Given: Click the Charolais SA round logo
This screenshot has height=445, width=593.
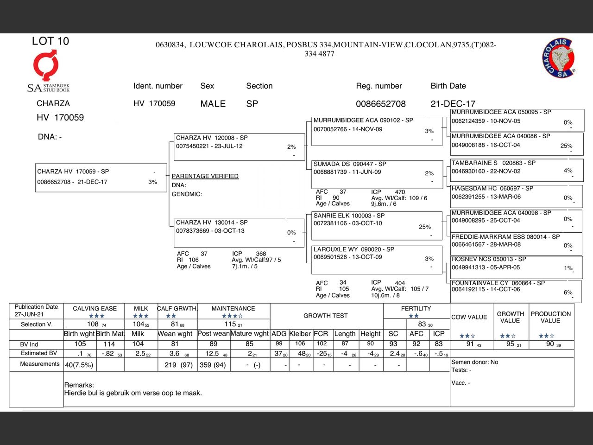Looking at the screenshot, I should point(559,58).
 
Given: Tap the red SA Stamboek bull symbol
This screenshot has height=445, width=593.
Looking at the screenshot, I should point(45,65).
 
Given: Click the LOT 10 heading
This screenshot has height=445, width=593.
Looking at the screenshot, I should point(50,41).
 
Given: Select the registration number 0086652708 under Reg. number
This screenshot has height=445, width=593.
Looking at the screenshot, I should point(380,104).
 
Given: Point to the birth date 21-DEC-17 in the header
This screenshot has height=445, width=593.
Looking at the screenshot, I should point(453,104).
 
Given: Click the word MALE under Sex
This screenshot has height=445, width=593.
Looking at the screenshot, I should point(213,104).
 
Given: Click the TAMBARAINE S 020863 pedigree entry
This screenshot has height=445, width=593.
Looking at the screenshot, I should point(516,170).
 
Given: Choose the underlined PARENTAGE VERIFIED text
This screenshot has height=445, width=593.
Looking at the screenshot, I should point(205,176).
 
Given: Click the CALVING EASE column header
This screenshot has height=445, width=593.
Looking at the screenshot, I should point(95,308).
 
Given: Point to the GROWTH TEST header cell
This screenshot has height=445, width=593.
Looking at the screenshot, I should point(325,316).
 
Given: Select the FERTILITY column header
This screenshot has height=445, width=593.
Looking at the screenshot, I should point(416,308).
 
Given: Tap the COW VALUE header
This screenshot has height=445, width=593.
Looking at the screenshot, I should point(469,317).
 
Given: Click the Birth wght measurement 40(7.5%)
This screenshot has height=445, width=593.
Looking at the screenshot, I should point(79,365).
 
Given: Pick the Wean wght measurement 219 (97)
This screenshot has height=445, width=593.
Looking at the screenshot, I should point(178,365).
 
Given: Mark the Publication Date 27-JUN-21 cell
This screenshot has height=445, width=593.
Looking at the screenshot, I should point(36,311).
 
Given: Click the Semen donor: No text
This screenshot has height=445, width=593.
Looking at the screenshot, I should point(474,362).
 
